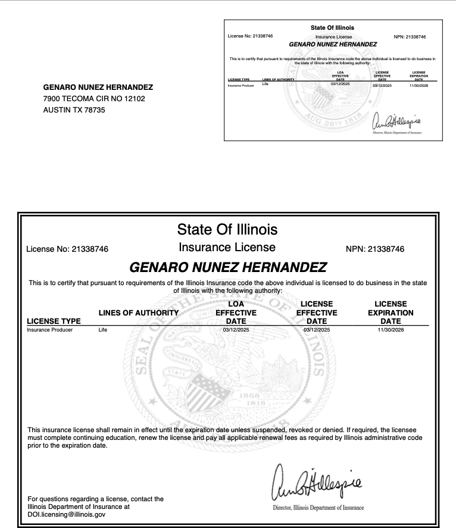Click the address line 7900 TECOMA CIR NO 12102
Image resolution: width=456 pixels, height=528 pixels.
[x=93, y=98]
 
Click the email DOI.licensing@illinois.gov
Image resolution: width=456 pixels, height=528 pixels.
[x=66, y=514]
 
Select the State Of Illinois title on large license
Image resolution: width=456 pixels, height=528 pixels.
[x=227, y=229]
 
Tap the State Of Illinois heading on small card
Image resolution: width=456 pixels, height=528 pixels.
[x=332, y=28]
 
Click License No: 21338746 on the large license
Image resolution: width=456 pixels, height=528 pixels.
[x=68, y=249]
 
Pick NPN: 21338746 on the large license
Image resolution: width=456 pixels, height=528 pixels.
[x=374, y=249]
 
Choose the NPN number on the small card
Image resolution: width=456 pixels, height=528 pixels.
[x=410, y=36]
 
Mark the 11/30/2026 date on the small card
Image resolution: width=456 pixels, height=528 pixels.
[x=418, y=86]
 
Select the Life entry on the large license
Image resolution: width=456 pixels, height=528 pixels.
[x=103, y=329]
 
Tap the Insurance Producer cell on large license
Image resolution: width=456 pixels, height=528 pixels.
[x=50, y=329]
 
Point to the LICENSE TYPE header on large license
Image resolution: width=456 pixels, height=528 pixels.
[x=54, y=321]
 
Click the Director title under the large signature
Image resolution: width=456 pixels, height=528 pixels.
[x=310, y=507]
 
